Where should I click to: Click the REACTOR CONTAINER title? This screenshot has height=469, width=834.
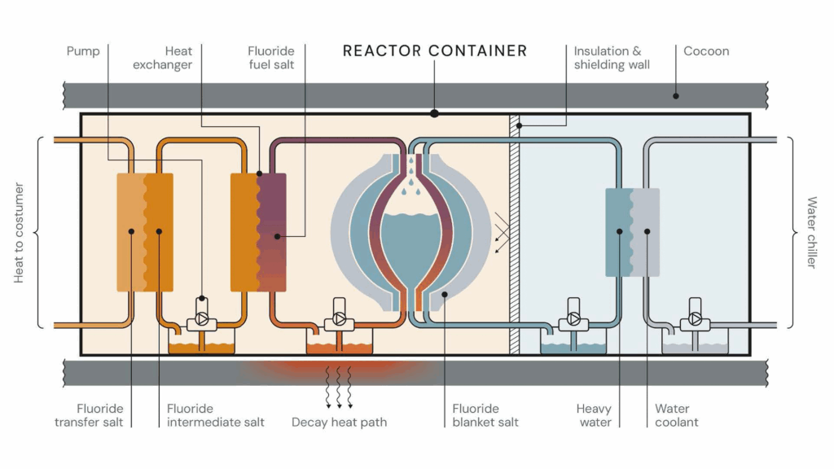434,50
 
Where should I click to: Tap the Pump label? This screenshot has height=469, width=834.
83,51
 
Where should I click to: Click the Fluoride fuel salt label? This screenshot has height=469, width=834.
271,58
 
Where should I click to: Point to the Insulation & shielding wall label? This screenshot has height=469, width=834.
612,58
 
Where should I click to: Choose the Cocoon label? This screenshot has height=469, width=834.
706,51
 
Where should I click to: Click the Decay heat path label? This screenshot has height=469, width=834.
339,422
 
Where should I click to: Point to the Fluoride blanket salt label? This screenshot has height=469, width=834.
485,415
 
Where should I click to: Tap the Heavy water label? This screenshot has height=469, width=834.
594,415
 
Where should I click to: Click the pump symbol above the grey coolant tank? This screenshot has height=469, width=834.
696,319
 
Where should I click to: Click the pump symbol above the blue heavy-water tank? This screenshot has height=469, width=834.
573,319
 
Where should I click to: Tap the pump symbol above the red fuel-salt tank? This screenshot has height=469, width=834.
339,319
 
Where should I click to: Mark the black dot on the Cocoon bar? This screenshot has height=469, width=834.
675,96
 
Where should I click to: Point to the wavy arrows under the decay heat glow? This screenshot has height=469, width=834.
339,386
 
